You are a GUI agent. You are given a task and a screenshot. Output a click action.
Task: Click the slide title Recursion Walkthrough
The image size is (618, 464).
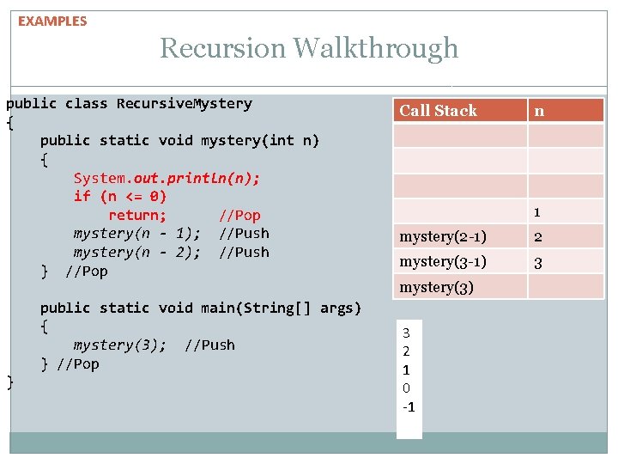pos(309,48)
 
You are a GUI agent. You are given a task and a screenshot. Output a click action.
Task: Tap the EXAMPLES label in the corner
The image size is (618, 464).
pos(52,21)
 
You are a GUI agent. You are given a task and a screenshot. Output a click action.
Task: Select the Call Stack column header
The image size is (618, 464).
pos(438,110)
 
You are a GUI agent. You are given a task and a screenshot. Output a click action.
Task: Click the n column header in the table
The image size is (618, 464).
pos(538,110)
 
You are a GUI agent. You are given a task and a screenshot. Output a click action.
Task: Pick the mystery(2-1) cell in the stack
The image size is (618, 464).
pos(443,236)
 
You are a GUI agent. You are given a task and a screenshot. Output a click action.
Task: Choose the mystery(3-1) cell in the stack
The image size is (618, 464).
pos(443,261)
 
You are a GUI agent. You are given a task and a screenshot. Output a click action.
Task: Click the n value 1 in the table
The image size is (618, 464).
pos(536,212)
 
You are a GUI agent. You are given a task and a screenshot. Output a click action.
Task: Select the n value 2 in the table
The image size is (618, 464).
pos(537,237)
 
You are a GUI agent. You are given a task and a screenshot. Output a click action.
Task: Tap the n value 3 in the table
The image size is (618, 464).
pos(537,262)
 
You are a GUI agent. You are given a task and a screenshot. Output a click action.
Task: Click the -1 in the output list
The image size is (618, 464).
pos(409,406)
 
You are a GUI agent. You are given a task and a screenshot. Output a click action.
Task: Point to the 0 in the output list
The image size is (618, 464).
pos(406,388)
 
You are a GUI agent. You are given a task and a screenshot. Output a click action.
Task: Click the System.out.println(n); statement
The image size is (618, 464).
pos(167,178)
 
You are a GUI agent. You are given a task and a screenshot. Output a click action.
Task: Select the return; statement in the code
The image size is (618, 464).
pos(137,215)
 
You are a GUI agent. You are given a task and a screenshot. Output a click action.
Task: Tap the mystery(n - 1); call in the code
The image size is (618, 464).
pos(137,234)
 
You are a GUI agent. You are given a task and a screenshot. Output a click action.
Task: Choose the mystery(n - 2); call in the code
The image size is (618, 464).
pos(137,253)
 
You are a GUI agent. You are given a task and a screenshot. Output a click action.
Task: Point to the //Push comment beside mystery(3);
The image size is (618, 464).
pos(209,345)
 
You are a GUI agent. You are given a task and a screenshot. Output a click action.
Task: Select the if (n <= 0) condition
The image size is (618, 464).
pos(120,196)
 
